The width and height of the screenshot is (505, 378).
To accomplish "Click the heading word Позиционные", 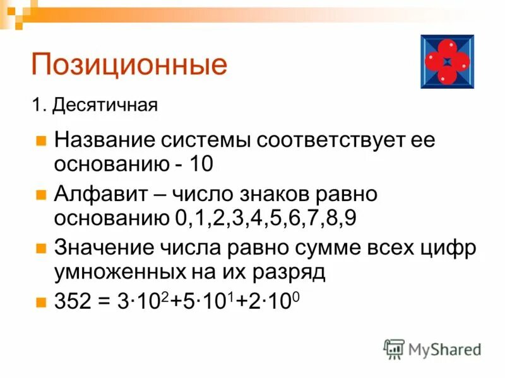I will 129,66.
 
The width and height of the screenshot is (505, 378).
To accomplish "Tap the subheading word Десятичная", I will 105,105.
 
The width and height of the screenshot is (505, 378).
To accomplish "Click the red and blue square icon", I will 447,61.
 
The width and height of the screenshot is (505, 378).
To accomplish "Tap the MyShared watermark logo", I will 433,349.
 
